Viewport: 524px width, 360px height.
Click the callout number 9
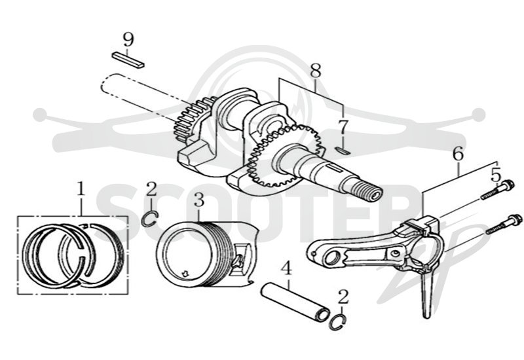(128, 39)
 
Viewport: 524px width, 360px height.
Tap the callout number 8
(316, 71)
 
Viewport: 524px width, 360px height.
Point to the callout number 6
(458, 154)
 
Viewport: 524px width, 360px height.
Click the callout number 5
(496, 175)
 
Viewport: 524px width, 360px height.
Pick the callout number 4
(286, 269)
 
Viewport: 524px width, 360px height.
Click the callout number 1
(80, 189)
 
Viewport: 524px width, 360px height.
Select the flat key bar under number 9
(128, 60)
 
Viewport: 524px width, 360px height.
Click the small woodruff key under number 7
(343, 151)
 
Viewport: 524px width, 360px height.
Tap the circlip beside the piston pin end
(338, 322)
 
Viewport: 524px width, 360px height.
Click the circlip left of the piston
(149, 219)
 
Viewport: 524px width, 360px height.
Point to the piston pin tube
(295, 302)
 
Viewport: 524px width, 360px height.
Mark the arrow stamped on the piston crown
(184, 273)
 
